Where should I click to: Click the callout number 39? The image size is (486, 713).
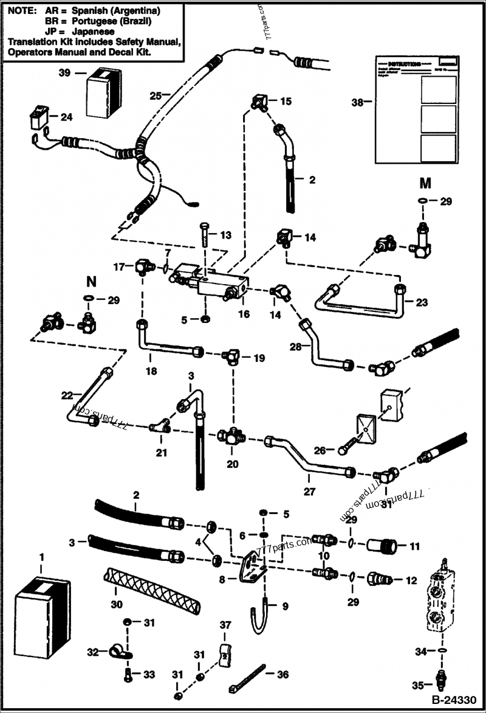click(64, 73)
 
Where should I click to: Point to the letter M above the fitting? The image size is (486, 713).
click(425, 183)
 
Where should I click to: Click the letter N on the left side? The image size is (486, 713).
click(91, 282)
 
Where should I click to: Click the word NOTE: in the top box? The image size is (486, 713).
click(21, 12)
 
